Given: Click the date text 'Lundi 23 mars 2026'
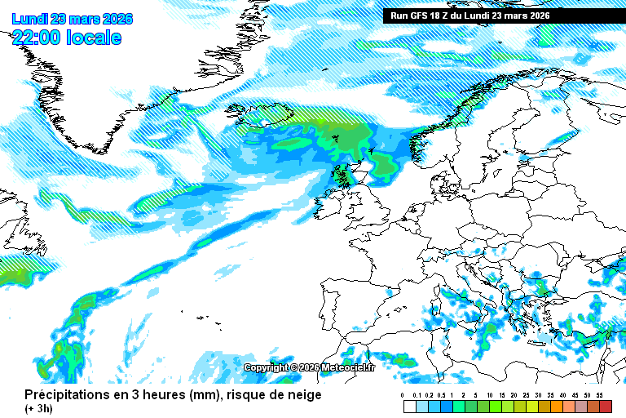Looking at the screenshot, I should coord(72,19).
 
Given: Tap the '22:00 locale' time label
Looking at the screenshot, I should coord(67,38).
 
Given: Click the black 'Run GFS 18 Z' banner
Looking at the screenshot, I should coord(469,16).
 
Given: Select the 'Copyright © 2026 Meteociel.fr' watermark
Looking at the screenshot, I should coord(310,367).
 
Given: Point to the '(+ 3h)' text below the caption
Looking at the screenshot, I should coord(38,409).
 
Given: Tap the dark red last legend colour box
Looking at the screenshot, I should coord(605,407).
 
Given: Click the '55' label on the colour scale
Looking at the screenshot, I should coord(599,396).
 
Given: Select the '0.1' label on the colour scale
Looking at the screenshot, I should coord(416,396).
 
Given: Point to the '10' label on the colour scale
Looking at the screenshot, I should coord(490,396).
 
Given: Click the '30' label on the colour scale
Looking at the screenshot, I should coord(539,396).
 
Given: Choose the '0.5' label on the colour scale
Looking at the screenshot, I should coord(440,396).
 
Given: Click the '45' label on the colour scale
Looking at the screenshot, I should coord(575,396).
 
